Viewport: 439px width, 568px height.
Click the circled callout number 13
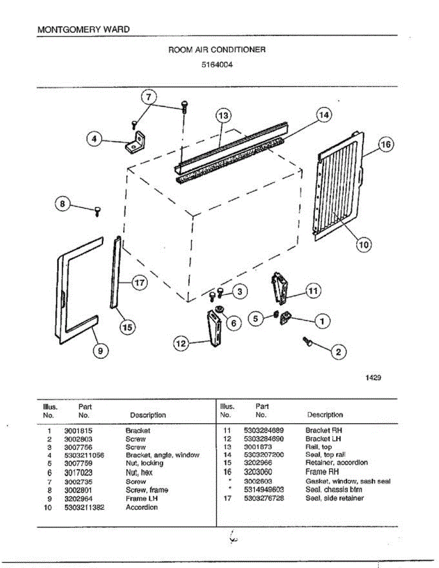pyautogui.click(x=223, y=115)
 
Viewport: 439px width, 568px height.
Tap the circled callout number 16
pyautogui.click(x=386, y=145)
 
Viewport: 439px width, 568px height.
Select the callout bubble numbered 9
pyautogui.click(x=100, y=350)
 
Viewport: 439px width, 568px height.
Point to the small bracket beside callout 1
pyautogui.click(x=286, y=318)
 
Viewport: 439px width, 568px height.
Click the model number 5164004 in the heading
pyautogui.click(x=217, y=65)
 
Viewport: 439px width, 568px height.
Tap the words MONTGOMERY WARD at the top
pyautogui.click(x=83, y=29)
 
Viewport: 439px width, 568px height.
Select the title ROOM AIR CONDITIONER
pyautogui.click(x=217, y=49)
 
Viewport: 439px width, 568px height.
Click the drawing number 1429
pyautogui.click(x=373, y=378)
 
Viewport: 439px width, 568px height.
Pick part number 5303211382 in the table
pyautogui.click(x=84, y=507)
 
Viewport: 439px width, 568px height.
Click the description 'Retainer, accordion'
pyautogui.click(x=336, y=462)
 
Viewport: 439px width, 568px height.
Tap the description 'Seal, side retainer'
pyautogui.click(x=334, y=498)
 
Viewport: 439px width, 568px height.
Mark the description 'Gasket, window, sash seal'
pyautogui.click(x=348, y=481)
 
